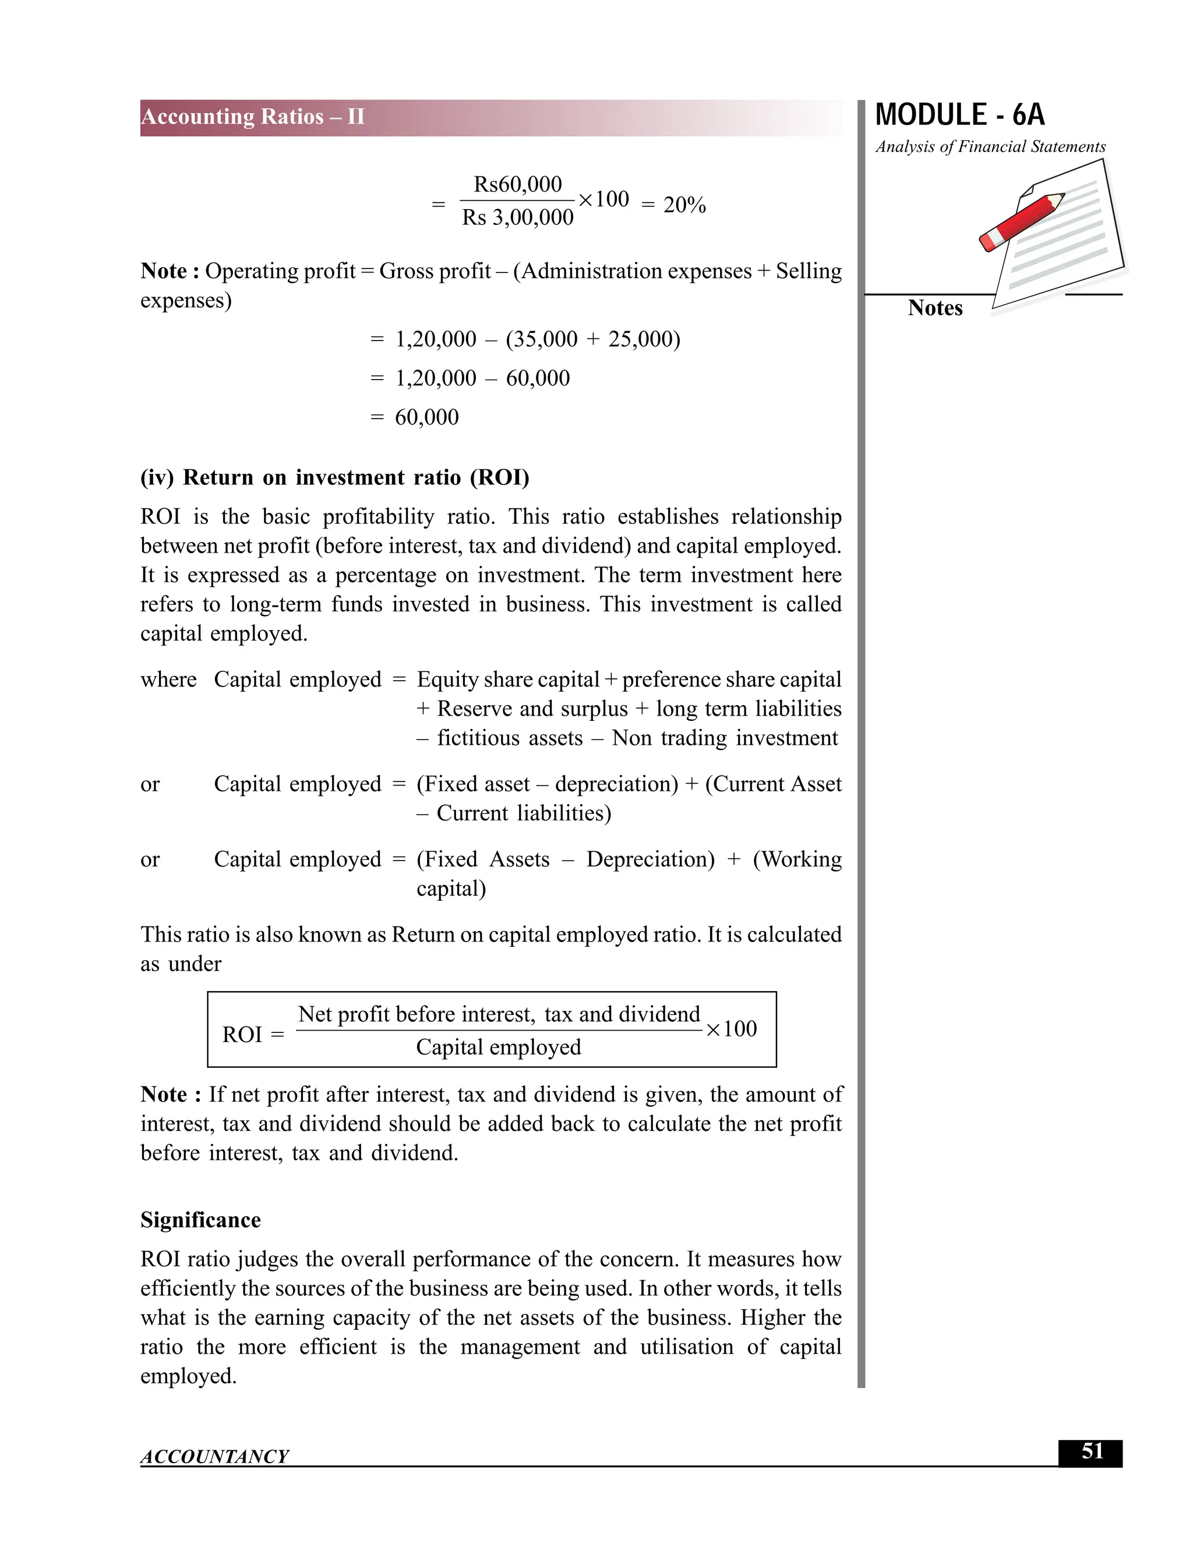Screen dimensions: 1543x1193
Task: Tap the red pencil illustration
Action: tap(1022, 221)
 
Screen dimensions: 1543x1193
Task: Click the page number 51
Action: tap(1092, 1451)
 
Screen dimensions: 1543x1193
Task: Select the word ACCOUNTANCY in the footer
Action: tap(215, 1456)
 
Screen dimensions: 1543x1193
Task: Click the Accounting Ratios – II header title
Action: tap(252, 116)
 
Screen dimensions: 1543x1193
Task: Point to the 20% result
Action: tap(684, 205)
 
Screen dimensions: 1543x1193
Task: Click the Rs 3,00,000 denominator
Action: tap(517, 218)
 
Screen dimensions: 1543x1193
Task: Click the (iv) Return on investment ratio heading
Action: tap(334, 477)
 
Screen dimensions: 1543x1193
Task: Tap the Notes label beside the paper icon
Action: tap(934, 308)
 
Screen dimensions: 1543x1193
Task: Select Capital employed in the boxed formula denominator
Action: tap(498, 1046)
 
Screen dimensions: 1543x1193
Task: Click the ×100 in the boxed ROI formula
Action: tap(732, 1029)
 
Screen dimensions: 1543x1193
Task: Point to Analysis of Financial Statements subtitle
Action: tap(990, 147)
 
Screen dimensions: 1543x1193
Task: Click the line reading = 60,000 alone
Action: tap(415, 417)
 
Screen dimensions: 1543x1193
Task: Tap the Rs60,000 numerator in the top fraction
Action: tap(517, 185)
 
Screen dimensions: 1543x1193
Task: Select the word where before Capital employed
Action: tap(168, 679)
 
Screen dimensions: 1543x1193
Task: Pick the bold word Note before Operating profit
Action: tap(164, 271)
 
